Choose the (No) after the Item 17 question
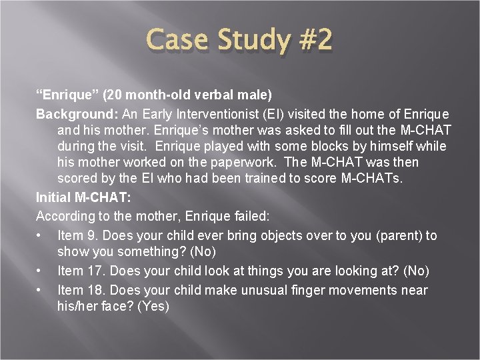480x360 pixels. pos(413,271)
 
